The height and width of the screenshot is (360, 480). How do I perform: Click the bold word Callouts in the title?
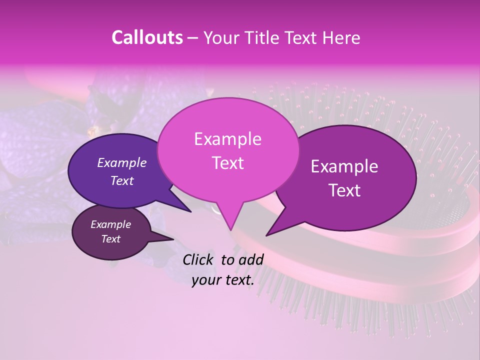click(147, 37)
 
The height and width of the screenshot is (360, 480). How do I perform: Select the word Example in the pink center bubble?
click(227, 139)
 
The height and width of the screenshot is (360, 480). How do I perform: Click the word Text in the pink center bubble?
click(227, 163)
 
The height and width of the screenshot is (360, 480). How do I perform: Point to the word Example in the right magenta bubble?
click(344, 166)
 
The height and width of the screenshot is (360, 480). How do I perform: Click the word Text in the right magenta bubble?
click(344, 190)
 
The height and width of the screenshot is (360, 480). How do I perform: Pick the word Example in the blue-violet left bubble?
click(122, 162)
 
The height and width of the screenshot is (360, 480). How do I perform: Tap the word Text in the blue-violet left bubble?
click(122, 180)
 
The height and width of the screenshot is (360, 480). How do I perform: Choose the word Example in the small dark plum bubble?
click(111, 224)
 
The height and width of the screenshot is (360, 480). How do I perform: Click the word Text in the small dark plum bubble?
click(111, 239)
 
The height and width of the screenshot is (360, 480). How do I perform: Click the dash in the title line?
click(193, 37)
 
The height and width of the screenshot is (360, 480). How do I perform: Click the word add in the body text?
click(251, 259)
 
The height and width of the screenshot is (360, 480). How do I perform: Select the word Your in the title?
click(221, 37)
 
